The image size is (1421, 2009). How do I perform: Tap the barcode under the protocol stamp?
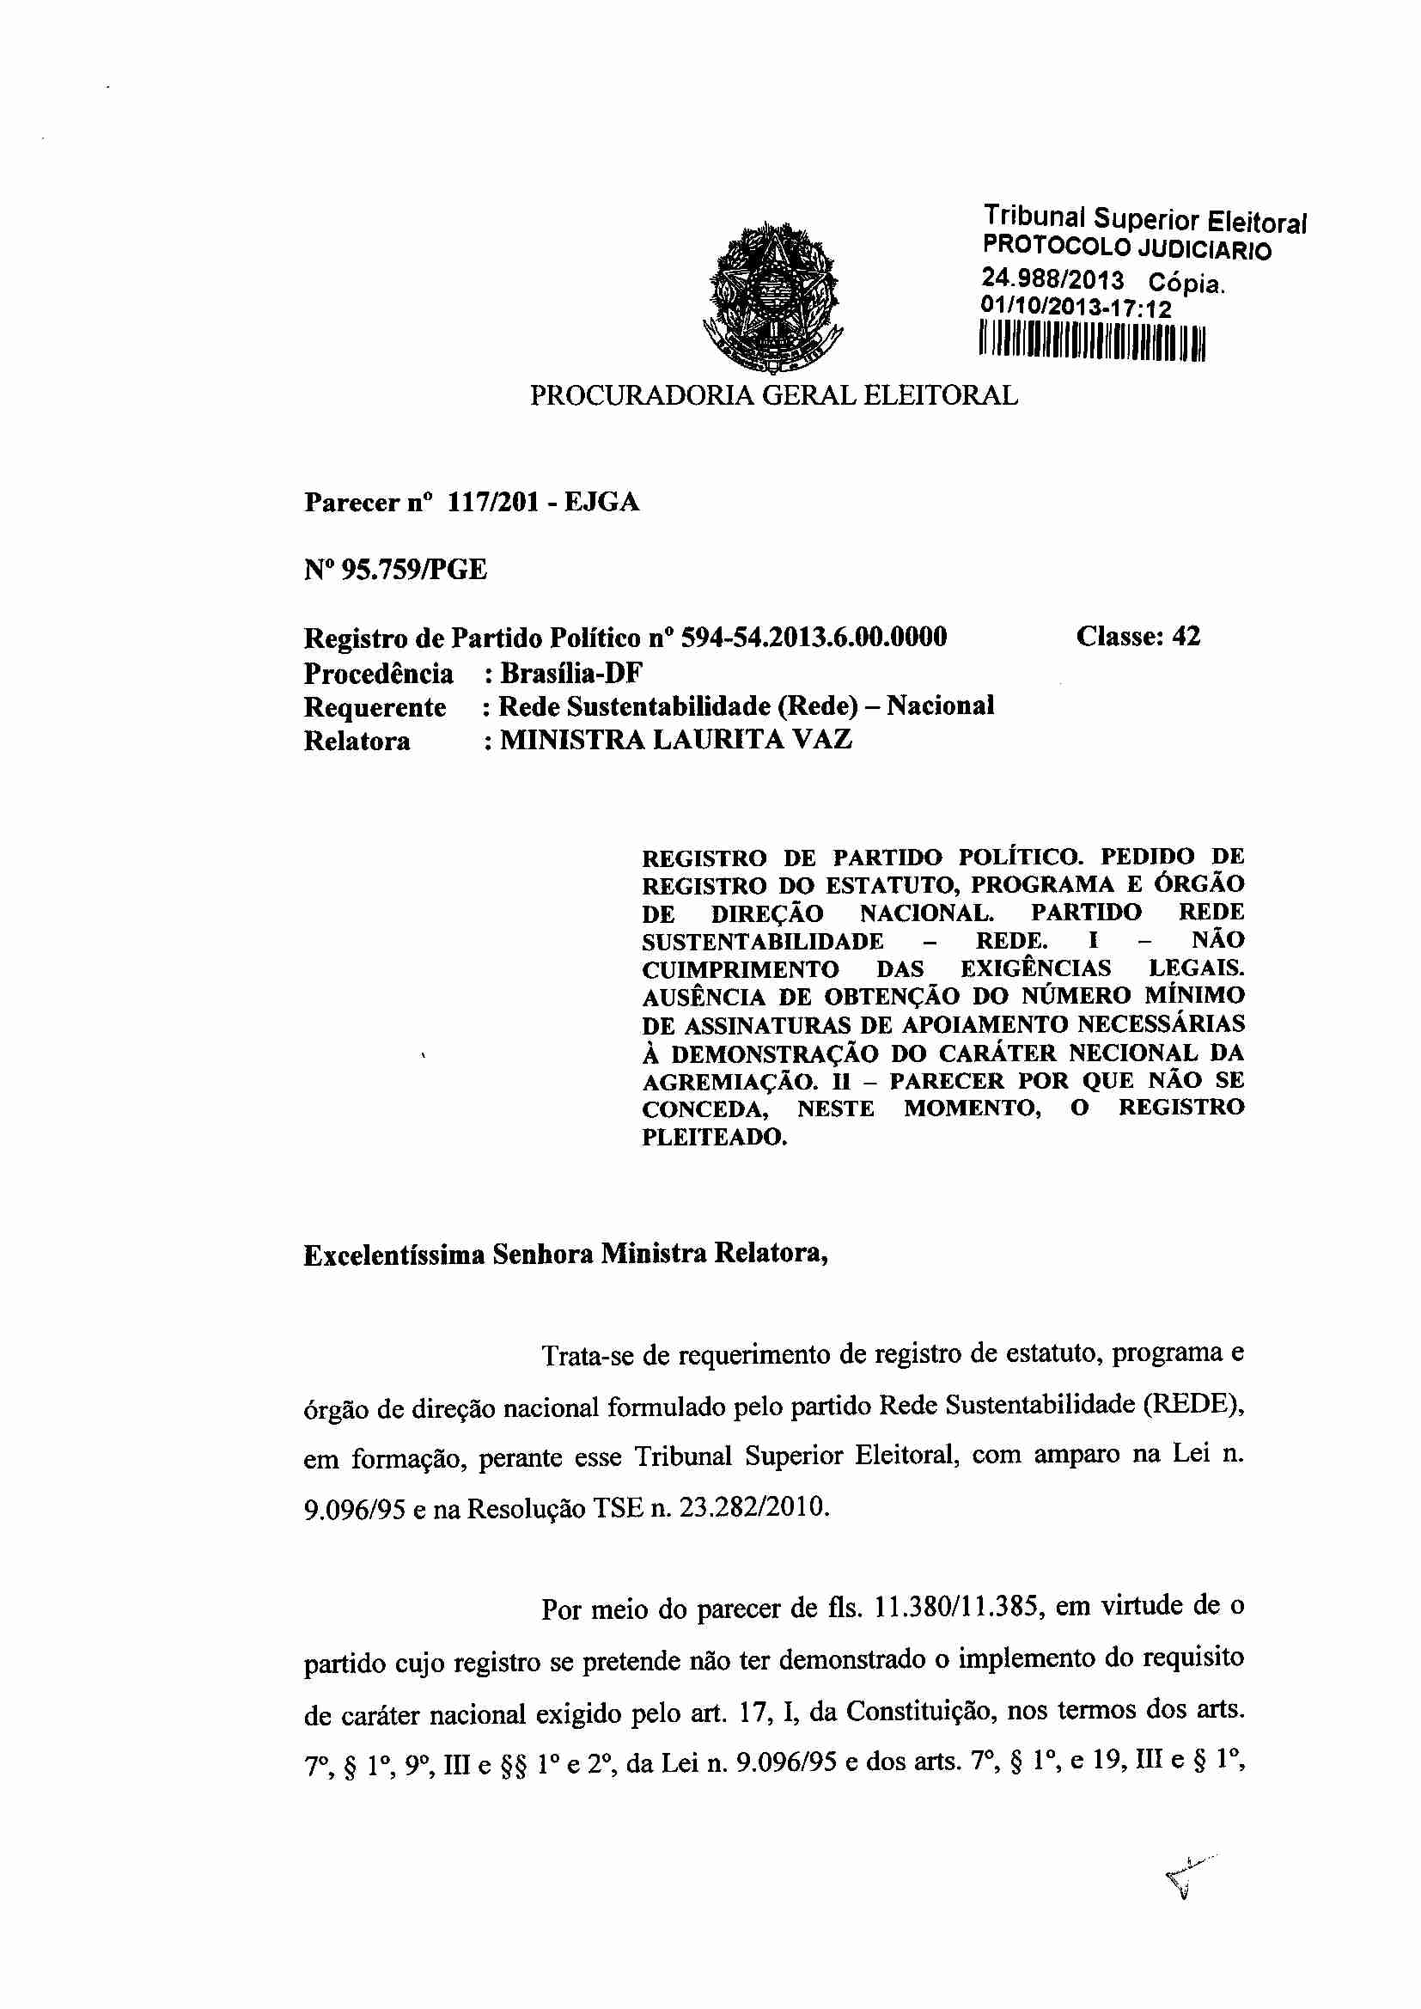pos(1091,340)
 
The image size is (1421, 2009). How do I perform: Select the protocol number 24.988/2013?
pos(1052,280)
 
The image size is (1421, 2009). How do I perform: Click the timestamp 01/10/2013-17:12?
pos(1076,308)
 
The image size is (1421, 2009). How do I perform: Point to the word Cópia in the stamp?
pos(1186,284)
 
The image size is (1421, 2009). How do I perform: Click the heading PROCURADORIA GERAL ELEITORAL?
pos(773,395)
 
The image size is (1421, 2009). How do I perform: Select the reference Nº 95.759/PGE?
pos(395,571)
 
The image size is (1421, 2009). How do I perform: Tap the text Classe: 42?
pos(1137,636)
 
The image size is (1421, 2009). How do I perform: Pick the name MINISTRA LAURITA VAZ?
pos(675,739)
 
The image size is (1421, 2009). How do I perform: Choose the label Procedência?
pos(378,674)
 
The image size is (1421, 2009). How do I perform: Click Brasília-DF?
pos(571,673)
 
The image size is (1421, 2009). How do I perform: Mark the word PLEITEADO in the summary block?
pos(714,1138)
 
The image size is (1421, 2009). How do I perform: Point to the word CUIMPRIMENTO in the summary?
pos(741,969)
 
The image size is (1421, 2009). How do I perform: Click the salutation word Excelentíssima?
pos(393,1255)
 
